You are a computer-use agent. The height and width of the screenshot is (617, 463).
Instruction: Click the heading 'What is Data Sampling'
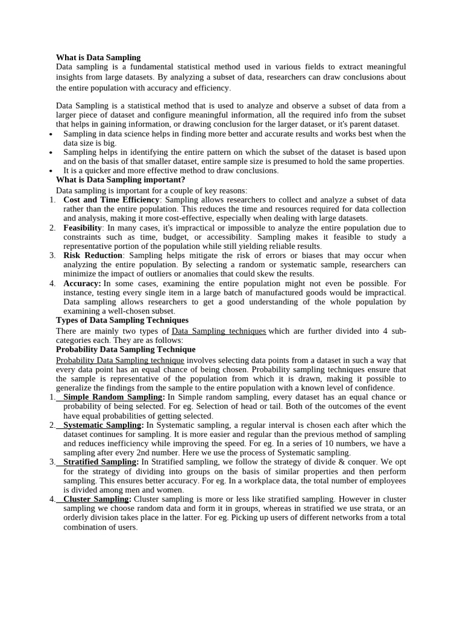point(98,57)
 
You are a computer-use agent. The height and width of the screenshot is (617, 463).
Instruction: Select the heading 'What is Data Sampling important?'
point(121,180)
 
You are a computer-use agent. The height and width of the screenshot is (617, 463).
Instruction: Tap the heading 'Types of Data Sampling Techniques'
point(122,320)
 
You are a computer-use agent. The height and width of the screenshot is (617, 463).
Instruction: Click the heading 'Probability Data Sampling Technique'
point(125,349)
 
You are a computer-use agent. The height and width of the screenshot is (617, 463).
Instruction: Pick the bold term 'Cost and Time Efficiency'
point(112,199)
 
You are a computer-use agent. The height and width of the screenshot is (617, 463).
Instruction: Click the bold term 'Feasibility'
point(83,228)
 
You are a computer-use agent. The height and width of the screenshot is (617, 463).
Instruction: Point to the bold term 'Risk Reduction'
point(93,255)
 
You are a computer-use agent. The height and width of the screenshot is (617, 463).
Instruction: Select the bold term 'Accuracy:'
point(82,283)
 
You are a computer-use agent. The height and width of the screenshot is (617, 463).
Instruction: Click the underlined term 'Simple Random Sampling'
point(113,397)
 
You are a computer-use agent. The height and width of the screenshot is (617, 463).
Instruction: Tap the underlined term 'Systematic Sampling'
point(101,425)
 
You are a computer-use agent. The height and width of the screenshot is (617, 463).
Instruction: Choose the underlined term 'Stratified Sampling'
point(101,462)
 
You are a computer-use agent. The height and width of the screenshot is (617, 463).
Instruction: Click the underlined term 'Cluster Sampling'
point(95,499)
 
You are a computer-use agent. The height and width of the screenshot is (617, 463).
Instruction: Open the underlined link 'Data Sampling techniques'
point(219,331)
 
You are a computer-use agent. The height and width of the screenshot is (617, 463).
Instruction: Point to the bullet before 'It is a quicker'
point(50,171)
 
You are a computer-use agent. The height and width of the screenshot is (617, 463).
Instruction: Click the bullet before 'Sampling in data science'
point(50,134)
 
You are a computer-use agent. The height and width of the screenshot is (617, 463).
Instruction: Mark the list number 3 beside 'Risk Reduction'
point(52,255)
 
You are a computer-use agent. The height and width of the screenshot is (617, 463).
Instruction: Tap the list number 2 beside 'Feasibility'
point(52,228)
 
